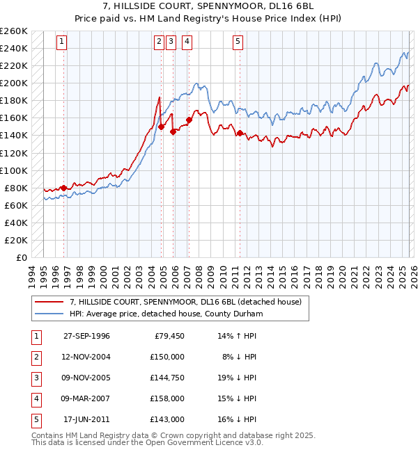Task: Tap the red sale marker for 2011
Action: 240,133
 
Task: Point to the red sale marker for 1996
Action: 64,188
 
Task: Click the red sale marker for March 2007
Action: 189,120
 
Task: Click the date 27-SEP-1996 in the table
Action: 86,336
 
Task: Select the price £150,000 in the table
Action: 167,357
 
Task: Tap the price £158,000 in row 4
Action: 167,398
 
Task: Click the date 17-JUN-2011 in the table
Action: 86,419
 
